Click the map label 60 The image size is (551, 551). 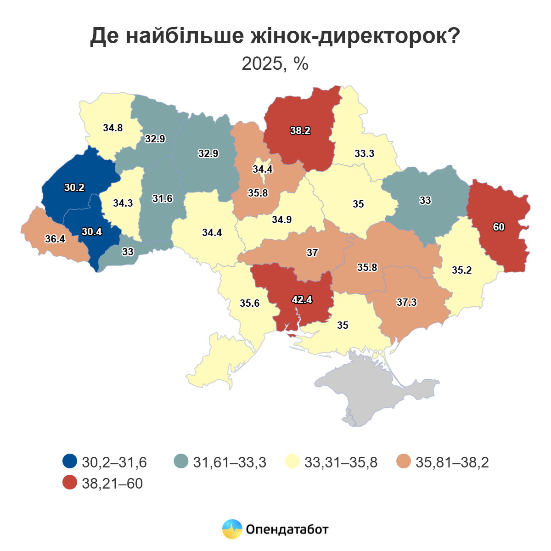(499, 227)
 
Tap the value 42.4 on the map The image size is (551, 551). (302, 300)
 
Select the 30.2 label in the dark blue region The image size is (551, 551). (74, 187)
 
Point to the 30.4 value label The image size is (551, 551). (92, 232)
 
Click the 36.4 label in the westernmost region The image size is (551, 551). (55, 239)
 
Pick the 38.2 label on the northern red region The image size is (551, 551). (300, 131)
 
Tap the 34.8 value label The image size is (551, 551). (112, 128)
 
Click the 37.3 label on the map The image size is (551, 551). (406, 302)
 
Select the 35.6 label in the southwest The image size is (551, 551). (250, 304)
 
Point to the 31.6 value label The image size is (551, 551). (163, 199)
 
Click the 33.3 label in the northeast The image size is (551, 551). (364, 154)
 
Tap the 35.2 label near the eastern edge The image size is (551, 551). (461, 270)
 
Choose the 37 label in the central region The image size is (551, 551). (312, 253)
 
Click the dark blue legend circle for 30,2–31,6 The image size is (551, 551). (70, 461)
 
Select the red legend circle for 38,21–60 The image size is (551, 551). (70, 483)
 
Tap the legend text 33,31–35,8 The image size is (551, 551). (341, 462)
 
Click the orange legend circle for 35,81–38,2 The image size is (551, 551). (404, 461)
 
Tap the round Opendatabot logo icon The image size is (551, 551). (232, 529)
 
